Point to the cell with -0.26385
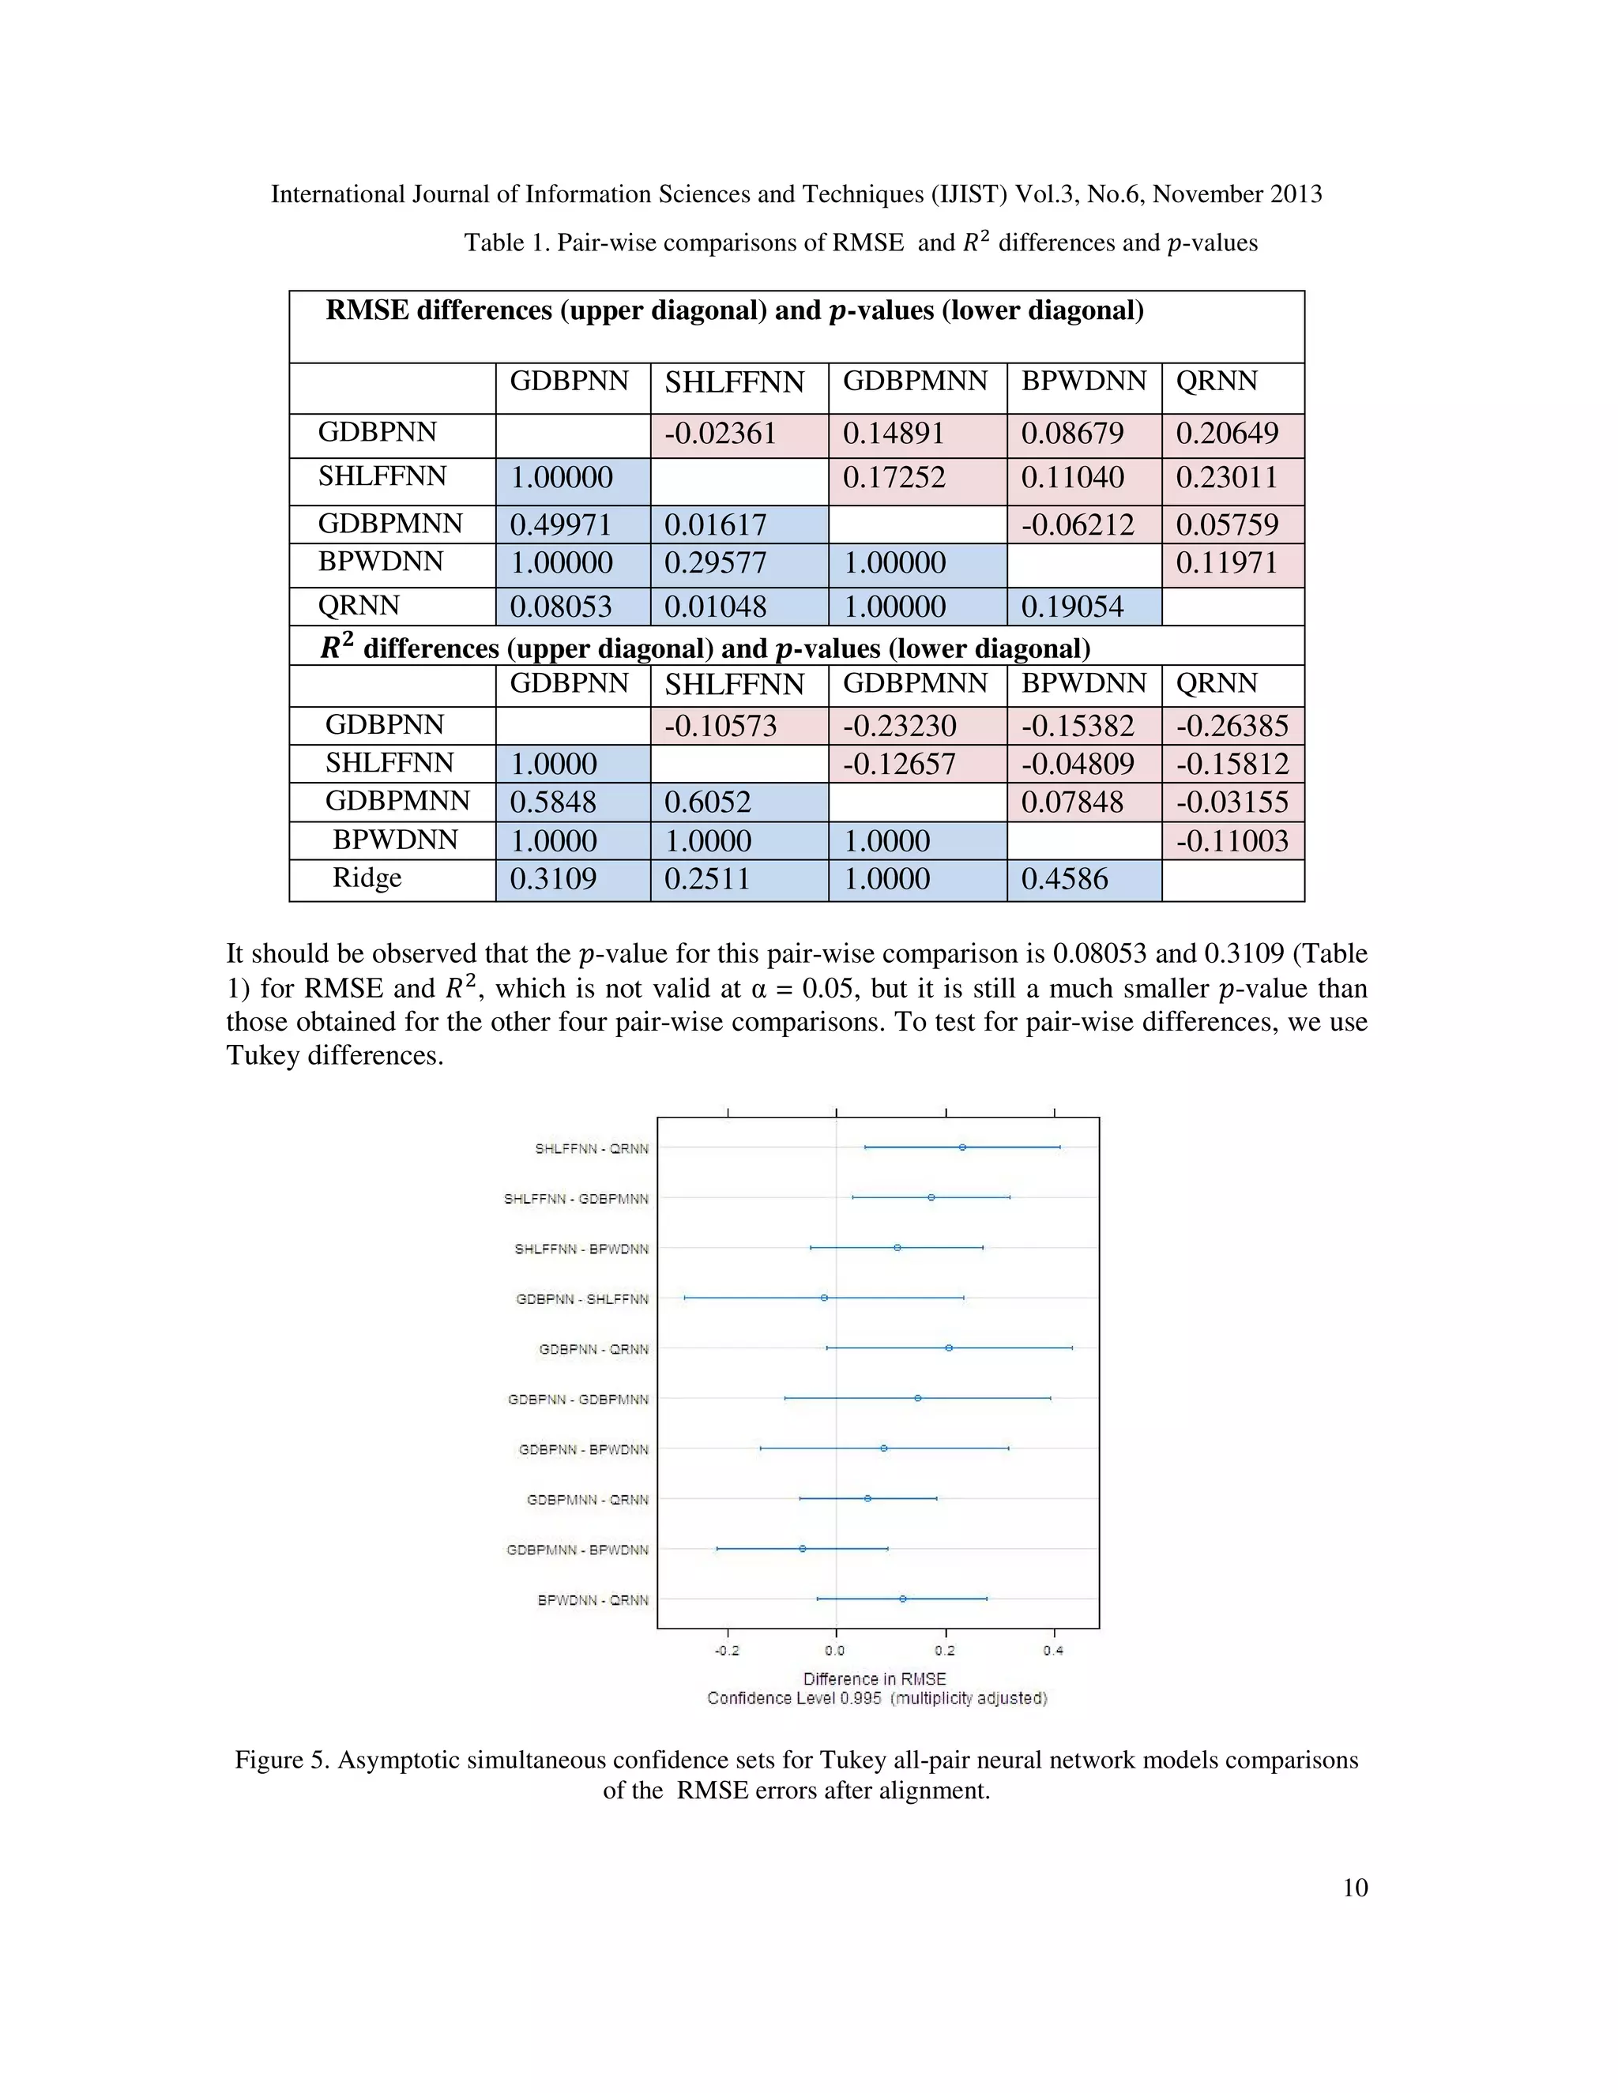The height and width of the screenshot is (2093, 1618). tap(1232, 727)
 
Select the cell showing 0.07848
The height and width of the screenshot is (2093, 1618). tap(1071, 802)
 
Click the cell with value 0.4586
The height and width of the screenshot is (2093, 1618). tap(1064, 879)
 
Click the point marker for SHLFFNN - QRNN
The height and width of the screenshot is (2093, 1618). tap(962, 1147)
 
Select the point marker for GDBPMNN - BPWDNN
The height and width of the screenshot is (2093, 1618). tap(803, 1549)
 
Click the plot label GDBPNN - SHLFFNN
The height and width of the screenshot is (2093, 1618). tap(581, 1299)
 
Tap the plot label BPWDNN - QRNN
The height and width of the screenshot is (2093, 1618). tap(593, 1600)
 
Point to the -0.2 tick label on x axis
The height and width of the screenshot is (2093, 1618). tap(727, 1650)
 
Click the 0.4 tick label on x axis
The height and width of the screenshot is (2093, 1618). tap(1053, 1650)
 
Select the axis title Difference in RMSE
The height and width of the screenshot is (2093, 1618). tap(875, 1679)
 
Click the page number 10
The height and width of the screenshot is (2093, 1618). tap(1354, 1888)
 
